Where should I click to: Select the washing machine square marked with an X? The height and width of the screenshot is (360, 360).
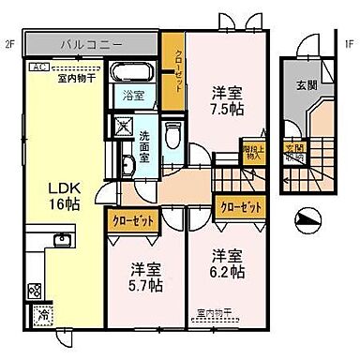tap(124, 127)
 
